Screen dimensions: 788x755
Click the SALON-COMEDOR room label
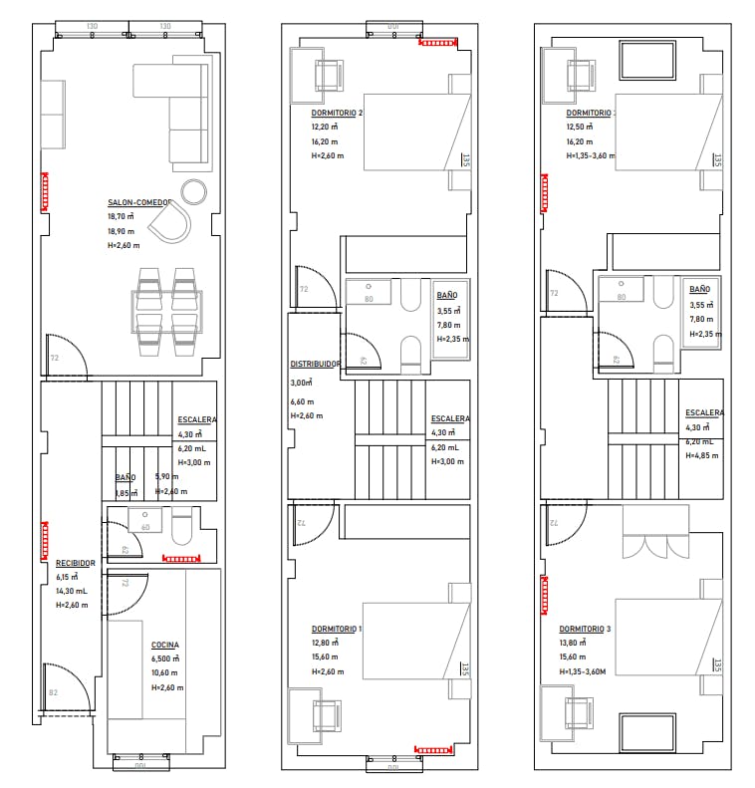pyautogui.click(x=139, y=201)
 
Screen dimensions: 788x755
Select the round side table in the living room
pyautogui.click(x=194, y=190)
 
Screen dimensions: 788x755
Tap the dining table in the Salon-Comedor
pyautogui.click(x=166, y=313)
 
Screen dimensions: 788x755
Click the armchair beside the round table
pyautogui.click(x=174, y=222)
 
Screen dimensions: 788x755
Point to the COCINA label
pyautogui.click(x=165, y=645)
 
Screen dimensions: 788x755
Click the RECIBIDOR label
pyautogui.click(x=75, y=563)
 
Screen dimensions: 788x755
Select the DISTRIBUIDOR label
pyautogui.click(x=316, y=364)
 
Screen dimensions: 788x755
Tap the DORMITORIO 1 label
pyautogui.click(x=337, y=629)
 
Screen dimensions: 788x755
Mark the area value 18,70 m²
pyautogui.click(x=123, y=216)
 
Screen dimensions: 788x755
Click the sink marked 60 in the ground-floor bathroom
pyautogui.click(x=145, y=521)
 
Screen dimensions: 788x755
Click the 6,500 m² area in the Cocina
pyautogui.click(x=165, y=658)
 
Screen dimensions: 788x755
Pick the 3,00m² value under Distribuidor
pyautogui.click(x=302, y=383)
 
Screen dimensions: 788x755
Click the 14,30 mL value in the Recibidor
pyautogui.click(x=73, y=591)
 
